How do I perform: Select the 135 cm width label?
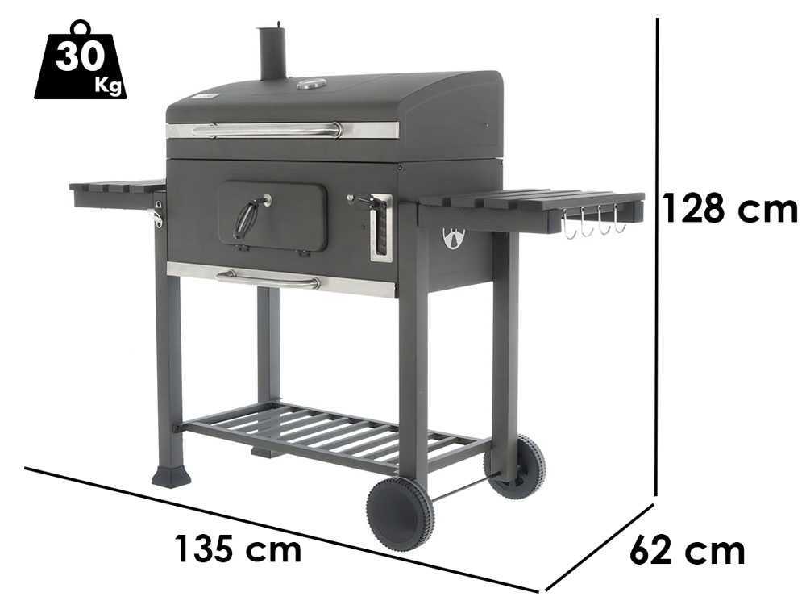pyautogui.click(x=238, y=549)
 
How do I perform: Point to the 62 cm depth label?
pyautogui.click(x=688, y=550)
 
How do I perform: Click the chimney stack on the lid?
pyautogui.click(x=272, y=53)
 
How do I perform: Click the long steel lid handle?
pyautogui.click(x=267, y=130)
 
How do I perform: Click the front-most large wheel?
pyautogui.click(x=401, y=514)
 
